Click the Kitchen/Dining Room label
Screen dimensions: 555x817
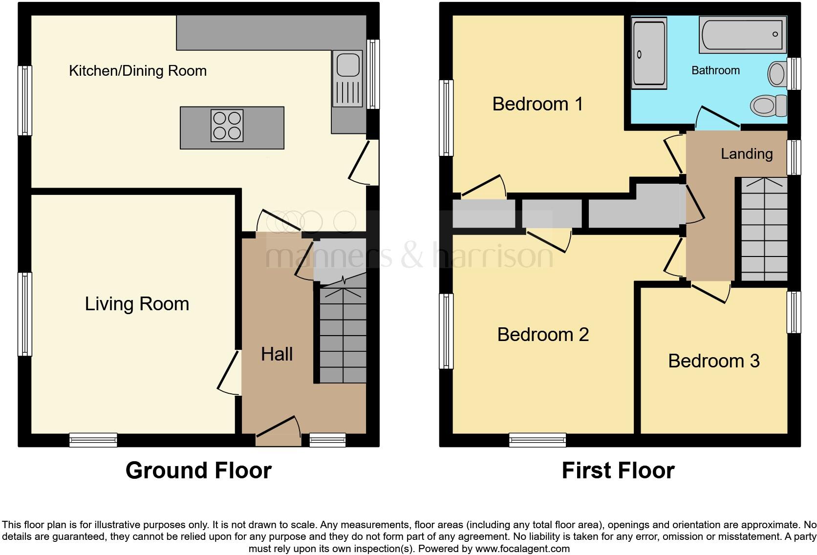coord(137,71)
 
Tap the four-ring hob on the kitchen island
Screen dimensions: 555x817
coord(227,126)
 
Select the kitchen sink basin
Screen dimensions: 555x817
coord(348,65)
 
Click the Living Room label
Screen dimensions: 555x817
coord(137,304)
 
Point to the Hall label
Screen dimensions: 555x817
coord(277,354)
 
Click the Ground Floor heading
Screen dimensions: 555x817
coord(198,470)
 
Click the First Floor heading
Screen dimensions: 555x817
coord(618,470)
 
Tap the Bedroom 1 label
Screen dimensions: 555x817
coord(537,104)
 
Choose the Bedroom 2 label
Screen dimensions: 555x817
coord(543,335)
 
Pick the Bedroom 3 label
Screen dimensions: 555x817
coord(713,361)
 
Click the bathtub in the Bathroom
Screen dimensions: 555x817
coord(742,34)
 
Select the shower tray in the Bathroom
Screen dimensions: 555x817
coord(649,53)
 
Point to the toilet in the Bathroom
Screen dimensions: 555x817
coord(768,104)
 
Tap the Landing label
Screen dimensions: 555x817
coord(747,154)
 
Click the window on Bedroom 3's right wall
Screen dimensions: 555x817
coord(794,312)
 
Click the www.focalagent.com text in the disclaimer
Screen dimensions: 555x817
coord(522,549)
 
